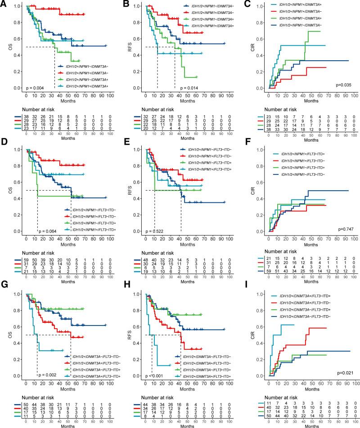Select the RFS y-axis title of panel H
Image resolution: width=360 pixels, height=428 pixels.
click(127, 332)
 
